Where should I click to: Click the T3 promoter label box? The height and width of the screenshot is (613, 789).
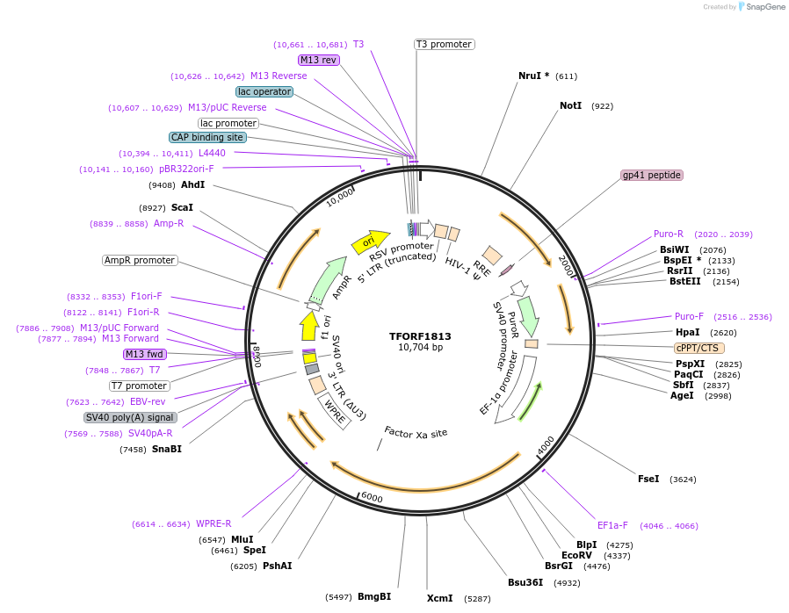444,44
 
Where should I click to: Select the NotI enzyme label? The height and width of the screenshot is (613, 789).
570,105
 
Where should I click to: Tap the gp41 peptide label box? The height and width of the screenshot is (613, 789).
651,175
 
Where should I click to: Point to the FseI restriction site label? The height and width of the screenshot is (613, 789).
648,479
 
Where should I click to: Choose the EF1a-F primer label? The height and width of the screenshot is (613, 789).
612,525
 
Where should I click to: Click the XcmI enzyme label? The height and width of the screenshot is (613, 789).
439,598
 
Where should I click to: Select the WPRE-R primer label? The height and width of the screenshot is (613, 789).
214,523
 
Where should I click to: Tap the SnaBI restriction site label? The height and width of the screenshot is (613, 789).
166,449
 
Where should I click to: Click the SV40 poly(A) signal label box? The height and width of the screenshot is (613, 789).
130,417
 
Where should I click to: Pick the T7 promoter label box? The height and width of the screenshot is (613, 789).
140,386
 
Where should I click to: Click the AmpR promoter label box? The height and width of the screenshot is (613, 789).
140,260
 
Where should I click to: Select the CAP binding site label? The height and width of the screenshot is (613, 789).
207,137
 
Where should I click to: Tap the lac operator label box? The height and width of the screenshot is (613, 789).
264,91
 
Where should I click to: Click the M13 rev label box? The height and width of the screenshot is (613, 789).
318,60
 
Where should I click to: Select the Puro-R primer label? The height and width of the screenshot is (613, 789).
668,234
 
